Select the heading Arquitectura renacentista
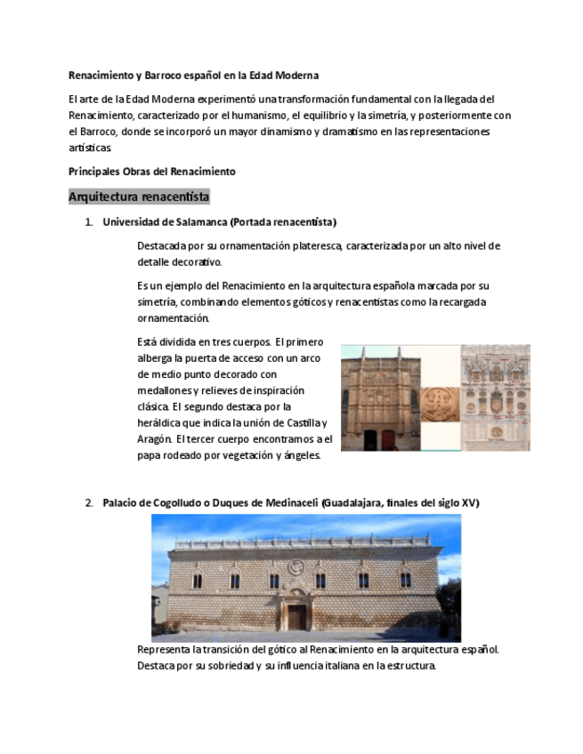click(x=139, y=196)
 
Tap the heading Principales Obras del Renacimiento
click(x=151, y=171)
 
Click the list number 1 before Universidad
click(x=89, y=221)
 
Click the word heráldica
click(x=159, y=422)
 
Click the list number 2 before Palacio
click(x=89, y=502)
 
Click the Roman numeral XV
click(x=468, y=502)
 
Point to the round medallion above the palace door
click(x=296, y=567)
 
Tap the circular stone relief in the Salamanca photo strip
click(x=440, y=404)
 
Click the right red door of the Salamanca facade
click(x=387, y=439)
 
